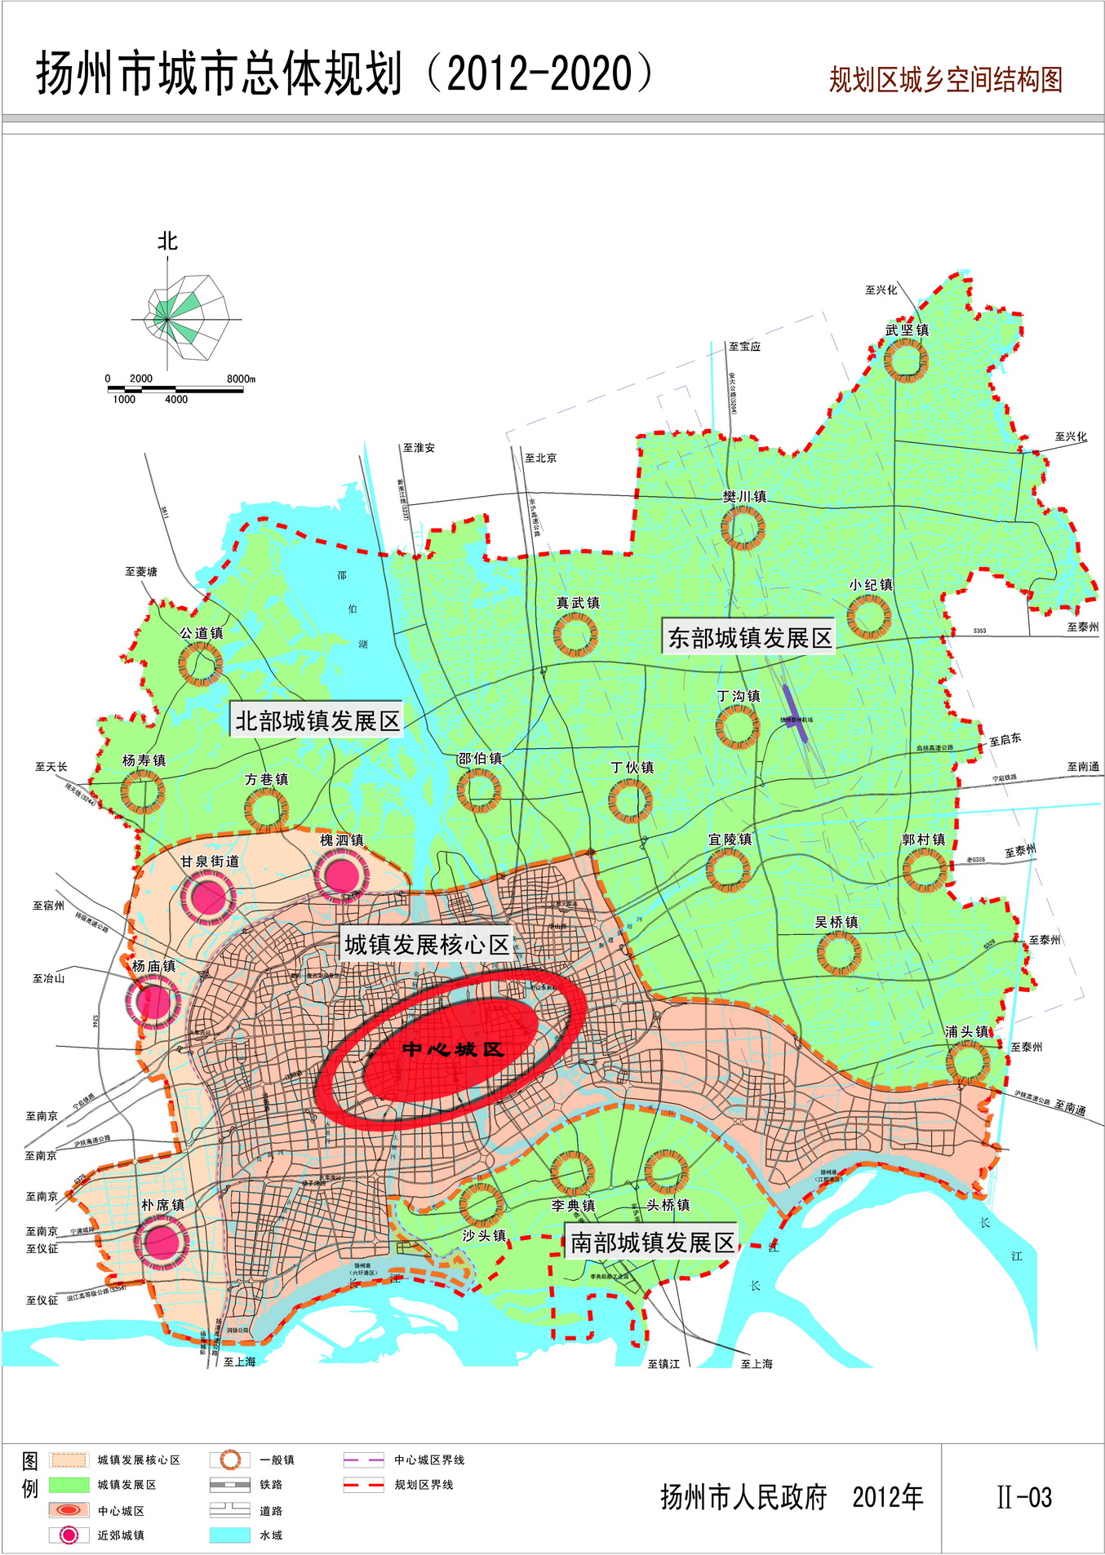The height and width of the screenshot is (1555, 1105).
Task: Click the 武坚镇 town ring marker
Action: point(906,360)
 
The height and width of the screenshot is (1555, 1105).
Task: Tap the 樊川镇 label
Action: point(744,496)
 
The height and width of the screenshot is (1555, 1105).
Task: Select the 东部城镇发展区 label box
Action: point(749,637)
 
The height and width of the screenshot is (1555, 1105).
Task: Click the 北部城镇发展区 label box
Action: point(317,720)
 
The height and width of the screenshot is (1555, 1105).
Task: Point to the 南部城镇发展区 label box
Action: point(651,1243)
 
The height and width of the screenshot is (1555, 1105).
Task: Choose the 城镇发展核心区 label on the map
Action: point(426,945)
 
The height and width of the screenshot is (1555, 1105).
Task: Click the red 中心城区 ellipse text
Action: point(453,1049)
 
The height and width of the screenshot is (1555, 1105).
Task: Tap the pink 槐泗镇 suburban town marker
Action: point(341,875)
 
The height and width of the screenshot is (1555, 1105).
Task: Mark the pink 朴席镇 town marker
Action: point(162,1243)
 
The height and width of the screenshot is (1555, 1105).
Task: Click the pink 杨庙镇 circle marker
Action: point(153,1001)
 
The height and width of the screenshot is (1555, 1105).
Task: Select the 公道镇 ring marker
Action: point(201,663)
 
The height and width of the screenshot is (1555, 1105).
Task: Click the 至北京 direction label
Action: point(540,458)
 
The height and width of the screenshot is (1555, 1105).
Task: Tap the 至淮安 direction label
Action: point(419,448)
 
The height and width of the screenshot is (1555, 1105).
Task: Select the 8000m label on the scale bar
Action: point(241,379)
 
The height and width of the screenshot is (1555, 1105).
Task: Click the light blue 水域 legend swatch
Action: point(230,1535)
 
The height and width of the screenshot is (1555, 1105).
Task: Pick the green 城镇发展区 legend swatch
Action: point(69,1484)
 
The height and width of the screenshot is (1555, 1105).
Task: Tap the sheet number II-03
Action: point(1024,1497)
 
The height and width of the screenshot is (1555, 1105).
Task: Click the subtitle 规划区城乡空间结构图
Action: point(945,80)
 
